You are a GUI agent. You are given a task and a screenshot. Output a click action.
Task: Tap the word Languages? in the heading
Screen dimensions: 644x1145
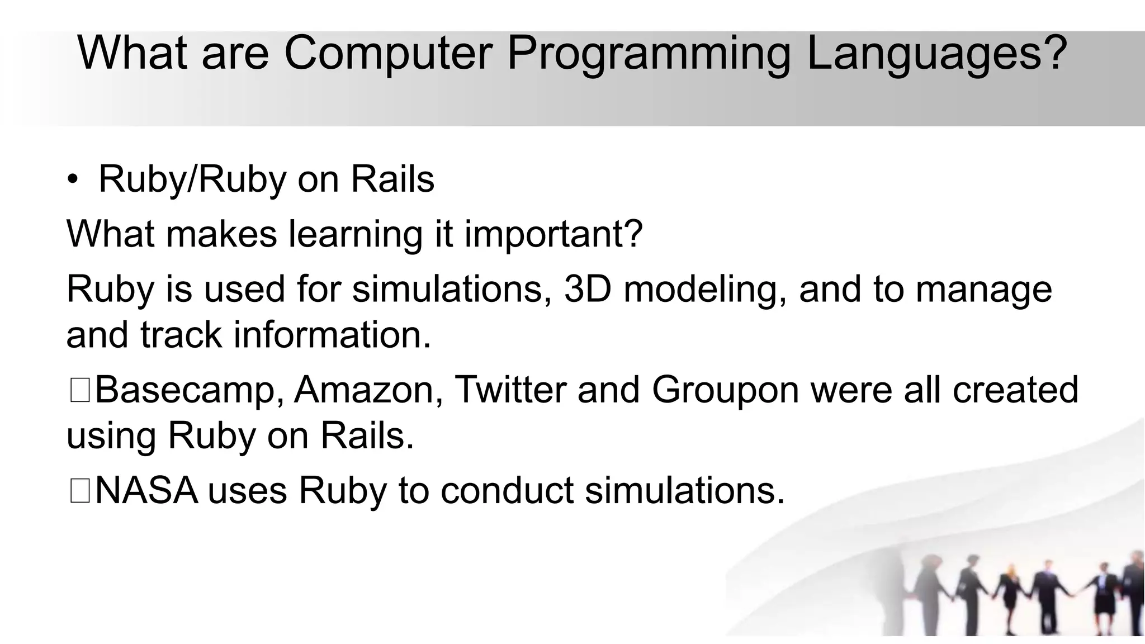point(937,53)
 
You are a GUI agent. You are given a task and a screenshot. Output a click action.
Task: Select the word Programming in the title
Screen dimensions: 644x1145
point(649,53)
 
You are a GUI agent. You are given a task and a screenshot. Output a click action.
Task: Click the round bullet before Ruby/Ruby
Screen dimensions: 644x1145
point(73,180)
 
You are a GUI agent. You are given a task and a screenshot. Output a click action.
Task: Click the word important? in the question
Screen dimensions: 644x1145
point(553,234)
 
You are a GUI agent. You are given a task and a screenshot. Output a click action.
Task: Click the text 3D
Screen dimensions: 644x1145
point(588,289)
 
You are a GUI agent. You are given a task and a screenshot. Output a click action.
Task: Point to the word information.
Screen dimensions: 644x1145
point(332,335)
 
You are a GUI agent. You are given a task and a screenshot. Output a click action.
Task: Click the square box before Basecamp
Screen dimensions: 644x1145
point(79,390)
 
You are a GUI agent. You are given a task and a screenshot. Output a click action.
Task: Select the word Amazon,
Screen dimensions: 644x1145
point(368,390)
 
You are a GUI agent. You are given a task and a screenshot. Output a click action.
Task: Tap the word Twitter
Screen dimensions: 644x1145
point(510,390)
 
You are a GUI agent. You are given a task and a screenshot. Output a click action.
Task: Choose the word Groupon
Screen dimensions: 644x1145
point(725,390)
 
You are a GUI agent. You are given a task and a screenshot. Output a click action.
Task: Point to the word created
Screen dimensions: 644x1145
point(1015,390)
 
